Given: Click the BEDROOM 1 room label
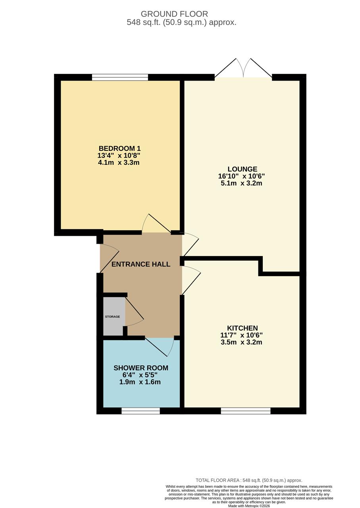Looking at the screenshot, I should (x=119, y=148).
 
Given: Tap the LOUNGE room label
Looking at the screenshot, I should (x=242, y=169).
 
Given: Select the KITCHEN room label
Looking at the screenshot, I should (x=242, y=328).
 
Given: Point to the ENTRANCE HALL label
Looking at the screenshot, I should (x=141, y=264).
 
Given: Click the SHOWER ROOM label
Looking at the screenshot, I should (x=141, y=368).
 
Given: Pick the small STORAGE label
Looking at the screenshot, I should (x=112, y=317).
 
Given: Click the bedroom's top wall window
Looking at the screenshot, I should (x=120, y=77).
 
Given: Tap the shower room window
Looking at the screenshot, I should (x=141, y=411).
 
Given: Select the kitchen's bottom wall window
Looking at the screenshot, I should (x=245, y=411).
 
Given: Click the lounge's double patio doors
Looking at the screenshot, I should (x=243, y=69).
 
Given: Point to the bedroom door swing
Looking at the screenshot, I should (x=157, y=224).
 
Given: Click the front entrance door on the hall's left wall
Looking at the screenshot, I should (x=109, y=258).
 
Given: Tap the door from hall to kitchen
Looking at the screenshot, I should (x=191, y=280).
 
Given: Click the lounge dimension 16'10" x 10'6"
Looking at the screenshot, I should (x=241, y=176).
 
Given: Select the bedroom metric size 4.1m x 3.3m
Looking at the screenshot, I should (x=119, y=163).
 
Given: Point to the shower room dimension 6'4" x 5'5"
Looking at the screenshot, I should (x=140, y=375).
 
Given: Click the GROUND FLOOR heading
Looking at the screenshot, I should (x=174, y=14).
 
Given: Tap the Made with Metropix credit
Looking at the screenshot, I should (x=249, y=506).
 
